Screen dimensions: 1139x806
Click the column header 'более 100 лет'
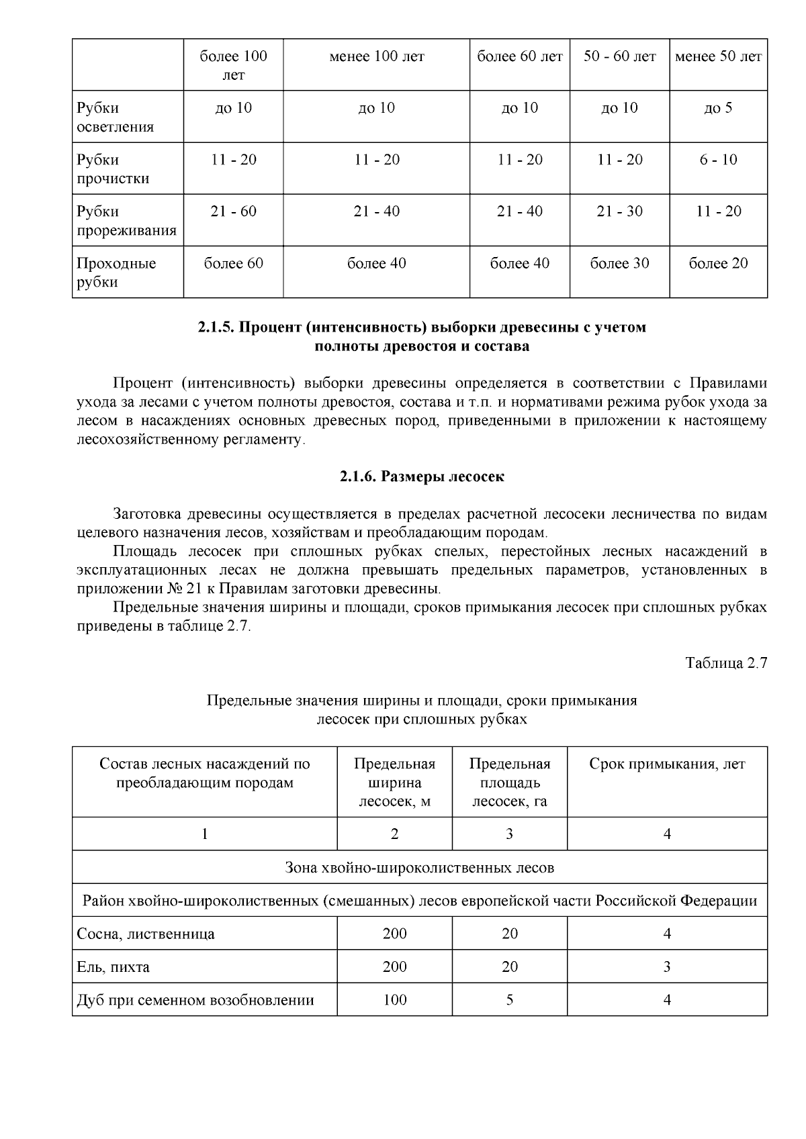pyautogui.click(x=233, y=65)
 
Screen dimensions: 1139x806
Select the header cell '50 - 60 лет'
pyautogui.click(x=619, y=56)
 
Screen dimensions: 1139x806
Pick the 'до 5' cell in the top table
pyautogui.click(x=718, y=108)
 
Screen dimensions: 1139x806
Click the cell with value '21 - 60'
pyautogui.click(x=233, y=211)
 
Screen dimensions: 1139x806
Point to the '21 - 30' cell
pyautogui.click(x=619, y=211)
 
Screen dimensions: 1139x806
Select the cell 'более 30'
pyautogui.click(x=619, y=263)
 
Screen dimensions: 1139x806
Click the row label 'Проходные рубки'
pyautogui.click(x=116, y=273)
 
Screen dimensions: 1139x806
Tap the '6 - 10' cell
pyautogui.click(x=718, y=160)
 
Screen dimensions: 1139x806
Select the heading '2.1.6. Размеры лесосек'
pyautogui.click(x=421, y=477)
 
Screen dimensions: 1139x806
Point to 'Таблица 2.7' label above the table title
pyautogui.click(x=725, y=663)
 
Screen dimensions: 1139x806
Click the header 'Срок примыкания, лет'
pyautogui.click(x=667, y=764)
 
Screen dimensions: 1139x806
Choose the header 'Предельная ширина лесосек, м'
pyautogui.click(x=394, y=782)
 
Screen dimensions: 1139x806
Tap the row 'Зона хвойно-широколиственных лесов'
pyautogui.click(x=420, y=867)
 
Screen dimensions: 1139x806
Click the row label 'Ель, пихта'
pyautogui.click(x=114, y=967)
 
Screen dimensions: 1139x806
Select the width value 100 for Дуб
pyautogui.click(x=394, y=1000)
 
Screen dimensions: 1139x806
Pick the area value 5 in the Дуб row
pyautogui.click(x=509, y=1000)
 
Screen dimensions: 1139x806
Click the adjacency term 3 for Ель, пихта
pyautogui.click(x=667, y=967)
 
